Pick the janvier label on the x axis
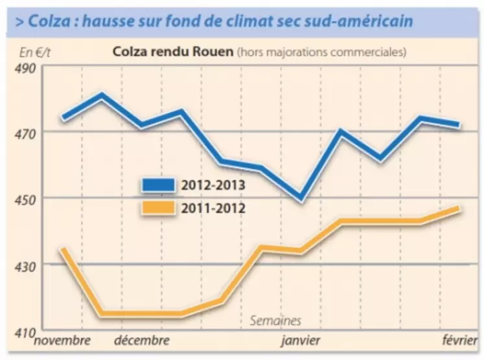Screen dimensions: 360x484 301,340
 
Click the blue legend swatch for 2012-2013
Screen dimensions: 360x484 158,185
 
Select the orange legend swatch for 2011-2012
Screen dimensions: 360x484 158,208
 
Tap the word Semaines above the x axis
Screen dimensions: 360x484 275,321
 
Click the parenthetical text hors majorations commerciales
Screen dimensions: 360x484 321,52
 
